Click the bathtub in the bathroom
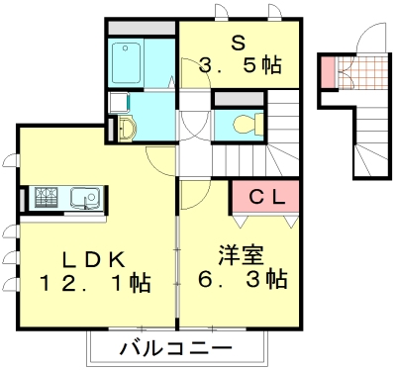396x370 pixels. coord(128,64)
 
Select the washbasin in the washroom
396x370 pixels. coord(125,127)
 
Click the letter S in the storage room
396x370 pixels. coord(239,44)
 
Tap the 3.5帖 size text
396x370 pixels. coord(239,66)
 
